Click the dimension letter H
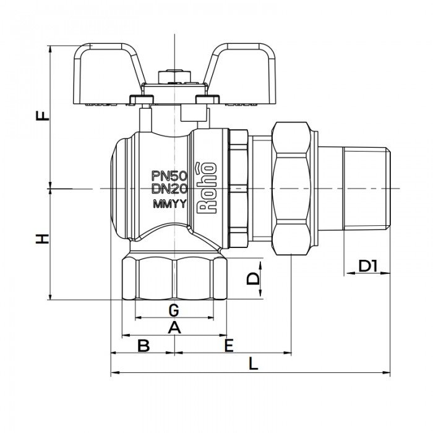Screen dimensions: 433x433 [41, 239]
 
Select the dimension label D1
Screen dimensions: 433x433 [368, 267]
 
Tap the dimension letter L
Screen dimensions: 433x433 [252, 364]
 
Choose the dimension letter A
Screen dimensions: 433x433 [174, 327]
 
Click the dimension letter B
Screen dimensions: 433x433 [143, 345]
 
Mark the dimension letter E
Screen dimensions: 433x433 [229, 345]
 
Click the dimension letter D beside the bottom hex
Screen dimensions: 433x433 [252, 278]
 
